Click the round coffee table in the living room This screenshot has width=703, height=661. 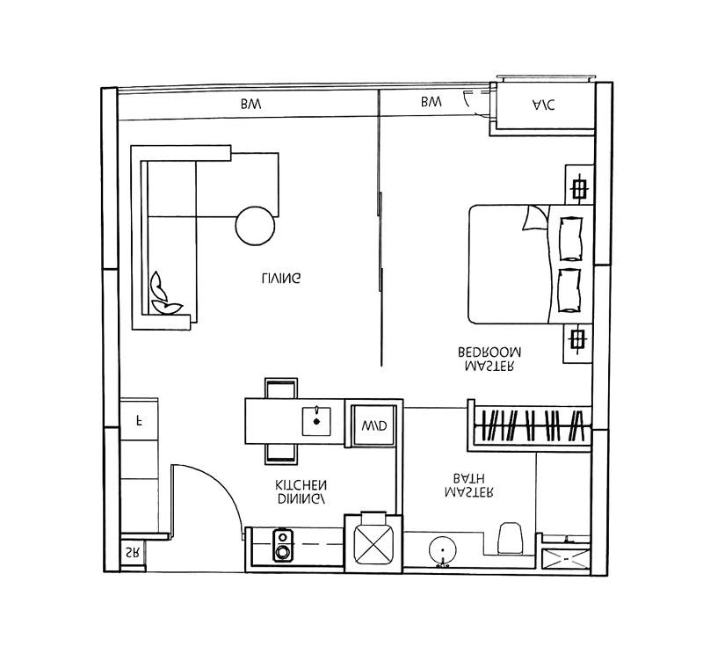click(256, 225)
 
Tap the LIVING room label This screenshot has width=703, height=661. click(281, 279)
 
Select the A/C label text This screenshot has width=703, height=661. click(544, 105)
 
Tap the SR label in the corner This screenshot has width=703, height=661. click(132, 554)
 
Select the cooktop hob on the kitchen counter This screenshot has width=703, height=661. click(284, 545)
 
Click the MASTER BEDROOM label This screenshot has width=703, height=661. click(489, 359)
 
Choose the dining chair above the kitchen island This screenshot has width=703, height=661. click(281, 389)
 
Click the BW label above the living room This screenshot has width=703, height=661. click(250, 105)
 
